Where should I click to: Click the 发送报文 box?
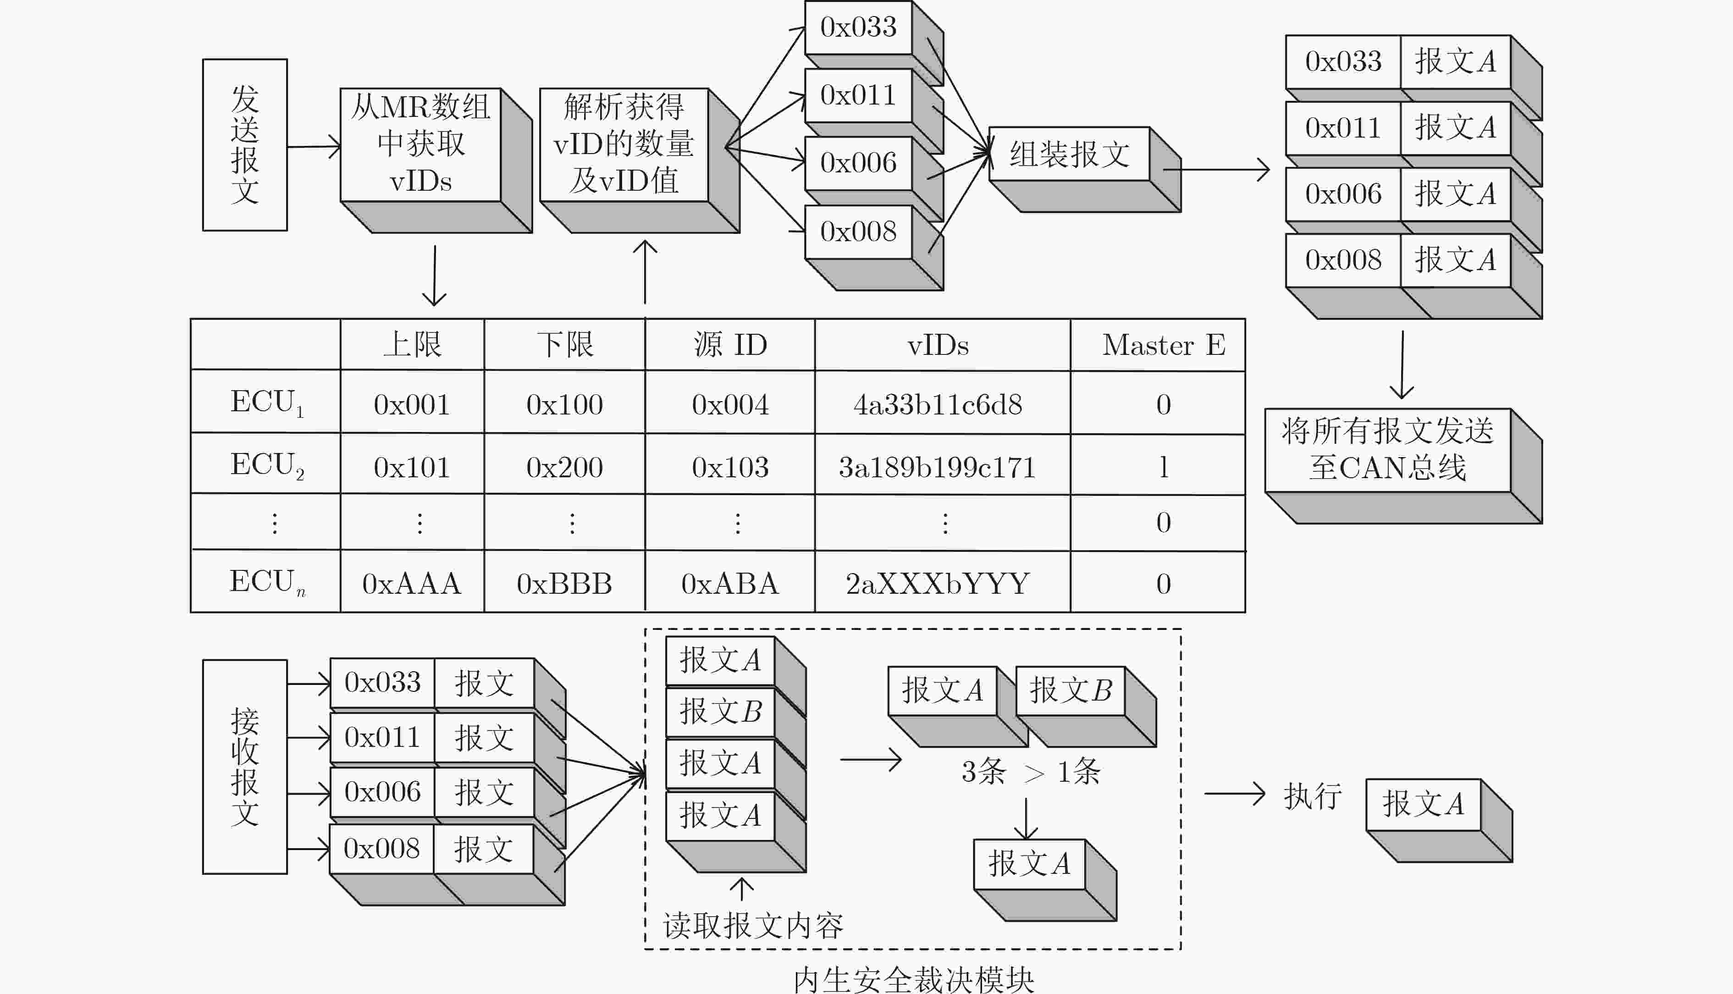click(x=244, y=145)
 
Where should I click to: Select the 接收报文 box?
click(x=244, y=767)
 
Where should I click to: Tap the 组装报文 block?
click(x=1084, y=169)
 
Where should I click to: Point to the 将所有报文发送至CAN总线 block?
click(x=1402, y=466)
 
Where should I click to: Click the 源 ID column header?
click(x=730, y=345)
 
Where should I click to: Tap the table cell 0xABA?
click(x=730, y=582)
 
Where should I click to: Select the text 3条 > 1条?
click(x=1030, y=772)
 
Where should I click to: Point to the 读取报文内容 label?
click(x=753, y=926)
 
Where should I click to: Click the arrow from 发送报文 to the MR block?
click(x=314, y=146)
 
